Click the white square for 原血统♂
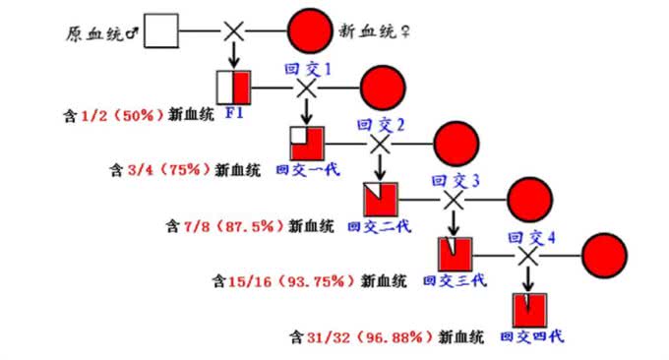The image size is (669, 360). click(x=163, y=31)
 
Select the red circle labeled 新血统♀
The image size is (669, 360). click(x=310, y=31)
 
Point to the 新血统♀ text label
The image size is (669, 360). click(x=378, y=32)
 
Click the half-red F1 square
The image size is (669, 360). click(x=233, y=87)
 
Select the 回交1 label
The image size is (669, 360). click(x=307, y=69)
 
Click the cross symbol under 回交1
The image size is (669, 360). click(x=307, y=88)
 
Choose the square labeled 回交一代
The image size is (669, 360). click(x=307, y=143)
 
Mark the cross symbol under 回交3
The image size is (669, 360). click(x=452, y=200)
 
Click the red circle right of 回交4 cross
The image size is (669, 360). click(x=603, y=255)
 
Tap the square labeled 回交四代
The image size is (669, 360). click(x=529, y=310)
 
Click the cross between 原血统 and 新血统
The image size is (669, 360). click(x=234, y=31)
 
